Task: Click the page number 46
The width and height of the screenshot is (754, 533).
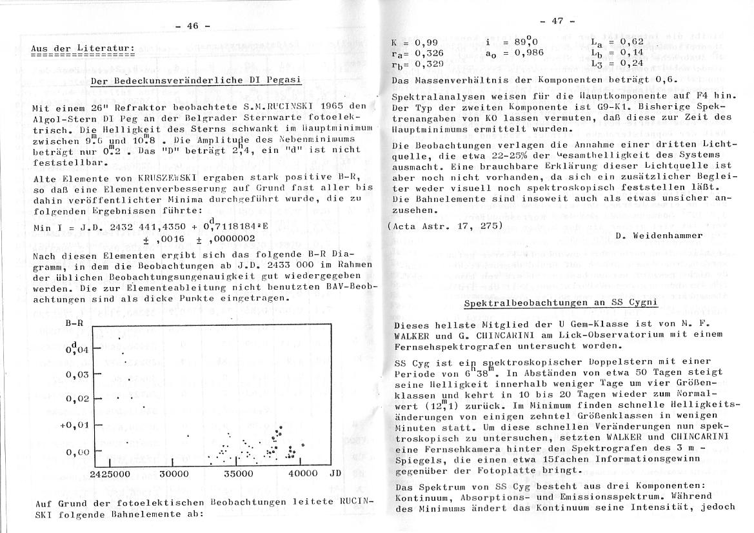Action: click(193, 26)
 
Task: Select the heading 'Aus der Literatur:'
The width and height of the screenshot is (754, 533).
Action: click(83, 48)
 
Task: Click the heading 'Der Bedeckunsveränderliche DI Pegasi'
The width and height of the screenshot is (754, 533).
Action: click(197, 81)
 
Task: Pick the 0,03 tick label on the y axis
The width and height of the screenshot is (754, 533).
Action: click(79, 375)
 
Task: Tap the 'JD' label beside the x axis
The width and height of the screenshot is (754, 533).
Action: click(335, 474)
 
